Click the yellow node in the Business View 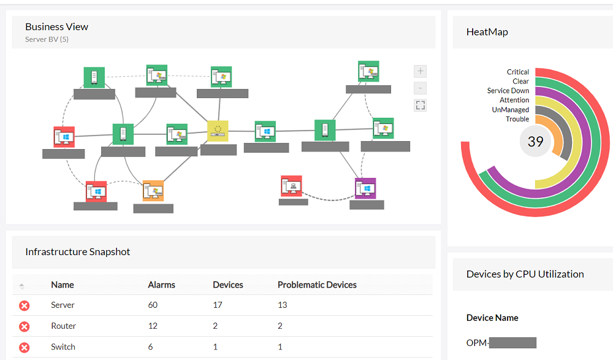pos(218,131)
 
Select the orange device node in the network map pos(153,191)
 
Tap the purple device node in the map pos(365,188)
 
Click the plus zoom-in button pos(420,71)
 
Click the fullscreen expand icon pos(420,105)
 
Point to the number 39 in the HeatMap pos(535,142)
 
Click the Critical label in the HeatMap pos(518,72)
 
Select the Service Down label pos(508,91)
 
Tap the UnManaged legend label pos(510,110)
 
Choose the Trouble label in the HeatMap pos(517,119)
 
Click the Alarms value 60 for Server pos(153,305)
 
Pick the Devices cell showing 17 pos(218,305)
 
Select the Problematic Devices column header pos(317,285)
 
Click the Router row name pos(64,326)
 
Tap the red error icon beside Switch pos(24,347)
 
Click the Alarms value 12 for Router pos(153,326)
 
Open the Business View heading pos(56,27)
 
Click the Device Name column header pos(492,318)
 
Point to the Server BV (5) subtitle pos(47,40)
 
